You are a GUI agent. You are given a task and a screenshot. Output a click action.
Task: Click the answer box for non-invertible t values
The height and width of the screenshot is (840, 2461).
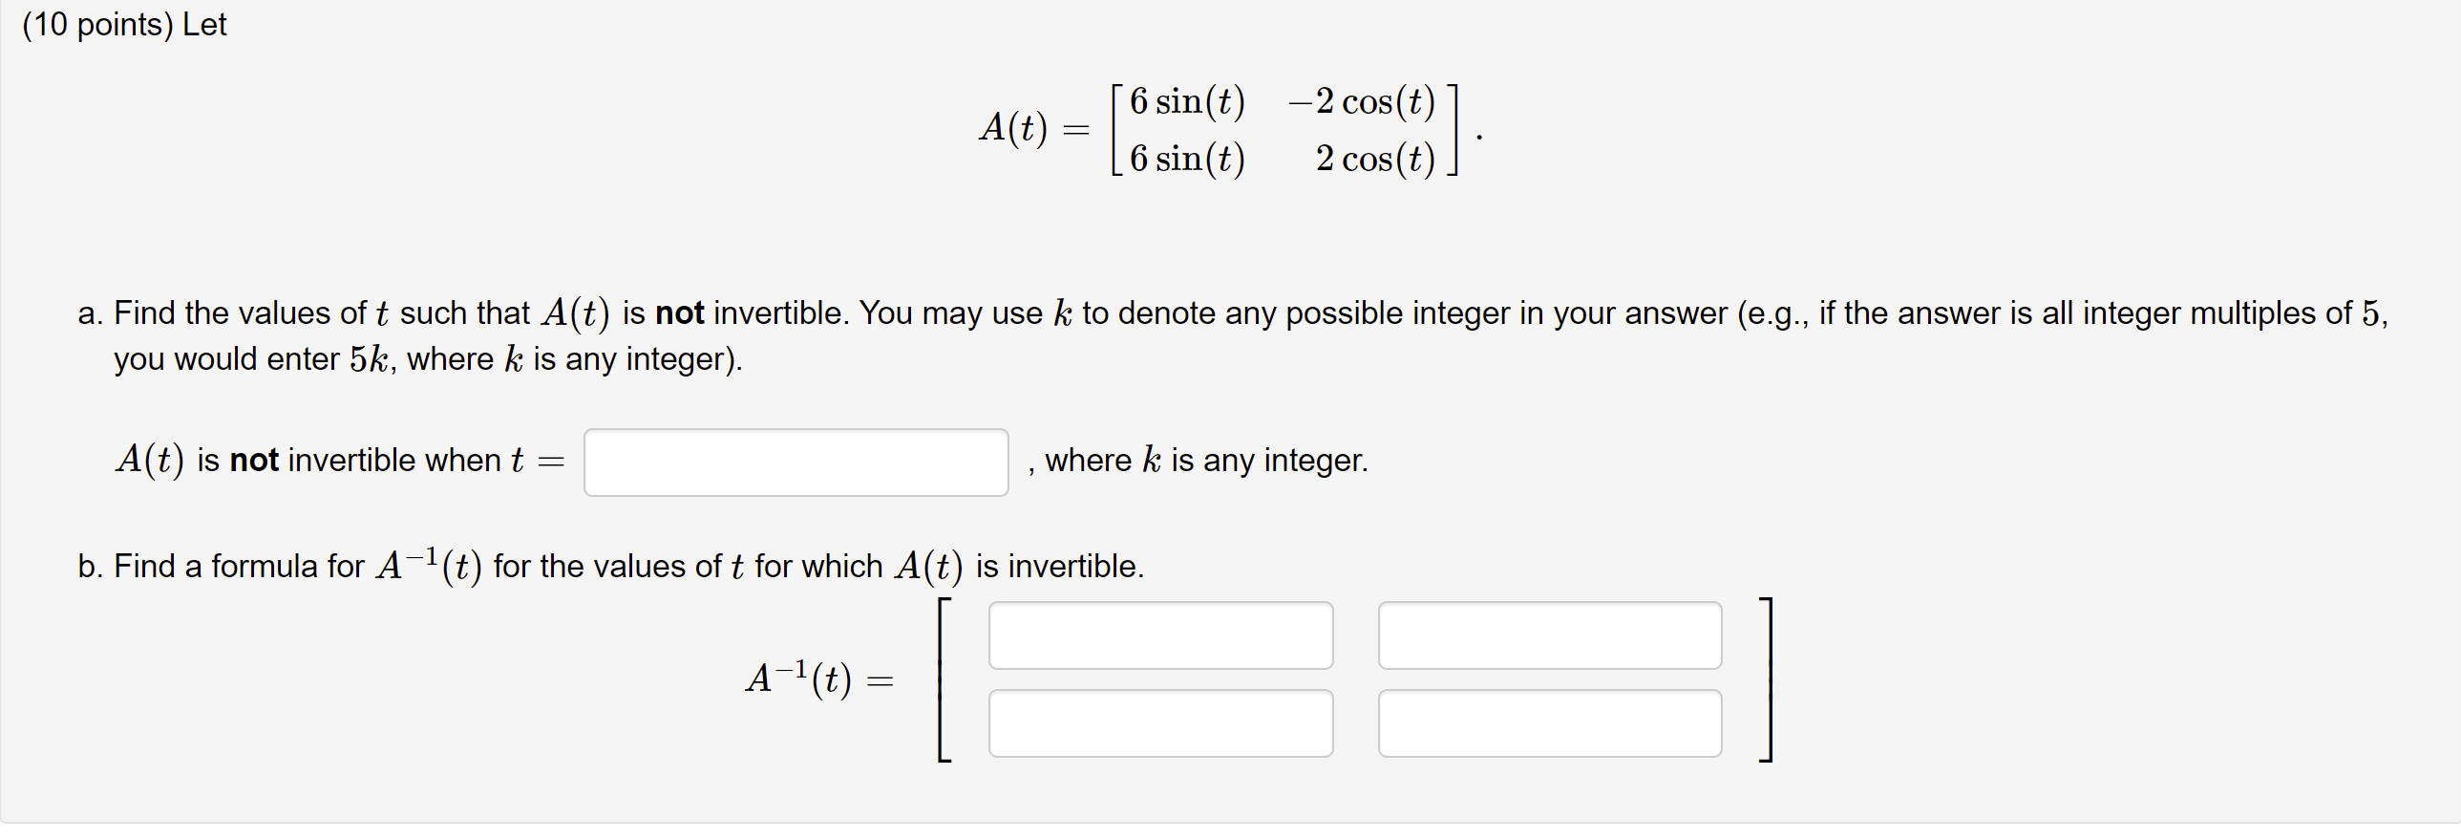click(x=796, y=463)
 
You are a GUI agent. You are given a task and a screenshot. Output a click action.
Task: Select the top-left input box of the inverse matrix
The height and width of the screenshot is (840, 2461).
click(x=1159, y=635)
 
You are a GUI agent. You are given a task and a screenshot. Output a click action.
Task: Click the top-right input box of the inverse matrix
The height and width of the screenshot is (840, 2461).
click(x=1549, y=635)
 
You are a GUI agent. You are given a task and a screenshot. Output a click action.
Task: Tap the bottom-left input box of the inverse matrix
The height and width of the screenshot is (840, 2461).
click(x=1159, y=723)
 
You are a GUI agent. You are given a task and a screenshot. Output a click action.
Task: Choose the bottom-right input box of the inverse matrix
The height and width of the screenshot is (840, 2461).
click(x=1549, y=723)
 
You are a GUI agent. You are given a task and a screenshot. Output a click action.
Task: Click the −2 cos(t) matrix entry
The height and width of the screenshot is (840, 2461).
click(x=1362, y=101)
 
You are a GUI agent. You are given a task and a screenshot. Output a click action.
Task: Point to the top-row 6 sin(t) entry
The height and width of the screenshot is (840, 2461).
click(x=1187, y=101)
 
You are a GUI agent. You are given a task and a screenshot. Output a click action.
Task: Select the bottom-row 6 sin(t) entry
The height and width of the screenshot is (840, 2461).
click(x=1187, y=159)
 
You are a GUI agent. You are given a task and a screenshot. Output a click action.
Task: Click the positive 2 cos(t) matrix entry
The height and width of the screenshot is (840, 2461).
click(x=1375, y=159)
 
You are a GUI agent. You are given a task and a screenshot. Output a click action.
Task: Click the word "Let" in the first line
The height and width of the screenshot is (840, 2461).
click(x=204, y=25)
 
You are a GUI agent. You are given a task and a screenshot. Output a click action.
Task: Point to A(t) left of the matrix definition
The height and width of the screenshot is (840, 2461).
click(x=1013, y=128)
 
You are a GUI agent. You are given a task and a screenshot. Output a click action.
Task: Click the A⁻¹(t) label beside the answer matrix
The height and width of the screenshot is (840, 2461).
click(x=798, y=678)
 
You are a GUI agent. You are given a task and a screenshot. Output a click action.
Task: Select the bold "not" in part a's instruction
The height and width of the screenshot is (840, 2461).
click(x=679, y=313)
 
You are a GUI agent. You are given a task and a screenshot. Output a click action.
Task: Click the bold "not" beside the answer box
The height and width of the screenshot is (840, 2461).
click(x=254, y=461)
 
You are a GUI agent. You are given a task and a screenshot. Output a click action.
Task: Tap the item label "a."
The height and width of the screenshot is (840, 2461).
click(x=91, y=313)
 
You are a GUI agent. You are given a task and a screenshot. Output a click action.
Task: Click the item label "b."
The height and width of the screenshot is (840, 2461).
click(x=91, y=567)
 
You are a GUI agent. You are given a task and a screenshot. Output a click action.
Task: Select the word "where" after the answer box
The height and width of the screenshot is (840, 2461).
click(x=1088, y=461)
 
